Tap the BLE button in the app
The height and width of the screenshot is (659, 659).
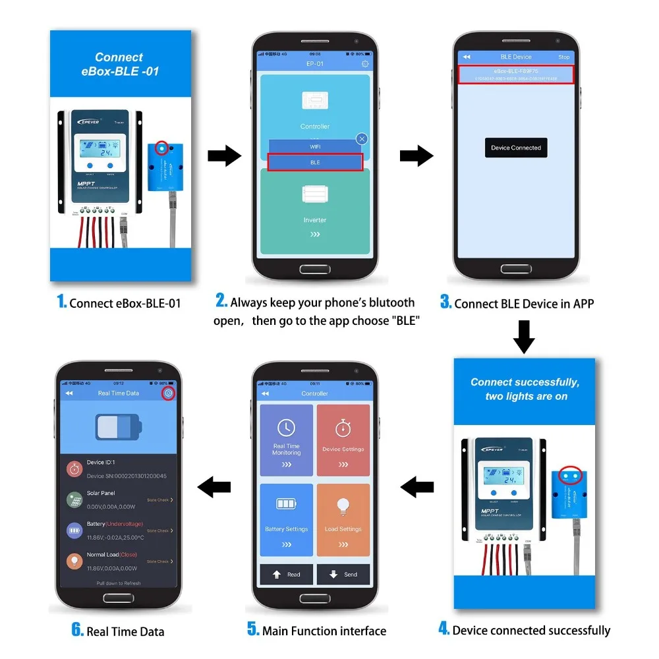coord(315,162)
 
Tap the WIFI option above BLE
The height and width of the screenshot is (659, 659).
coord(315,145)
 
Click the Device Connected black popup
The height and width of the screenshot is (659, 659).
coord(516,148)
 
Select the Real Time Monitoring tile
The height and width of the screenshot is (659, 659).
coord(287,440)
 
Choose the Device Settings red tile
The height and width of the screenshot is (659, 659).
coord(343,440)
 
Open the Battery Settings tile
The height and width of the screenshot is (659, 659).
coord(287,519)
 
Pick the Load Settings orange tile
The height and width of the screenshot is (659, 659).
coord(343,519)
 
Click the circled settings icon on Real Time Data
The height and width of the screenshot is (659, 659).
coord(169,393)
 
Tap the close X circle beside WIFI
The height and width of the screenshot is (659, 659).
coord(362,139)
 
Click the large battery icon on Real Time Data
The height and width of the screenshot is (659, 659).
coord(119,426)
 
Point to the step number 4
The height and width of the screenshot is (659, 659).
coord(444,629)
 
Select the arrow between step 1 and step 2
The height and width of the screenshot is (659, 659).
coord(224,157)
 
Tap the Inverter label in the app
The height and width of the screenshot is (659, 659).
coord(315,220)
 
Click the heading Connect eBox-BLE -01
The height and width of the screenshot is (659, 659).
coord(119,64)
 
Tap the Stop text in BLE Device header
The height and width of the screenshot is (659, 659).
coord(564,57)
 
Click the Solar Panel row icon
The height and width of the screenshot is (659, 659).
coord(74,500)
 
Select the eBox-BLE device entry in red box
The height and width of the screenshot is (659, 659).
coord(516,74)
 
